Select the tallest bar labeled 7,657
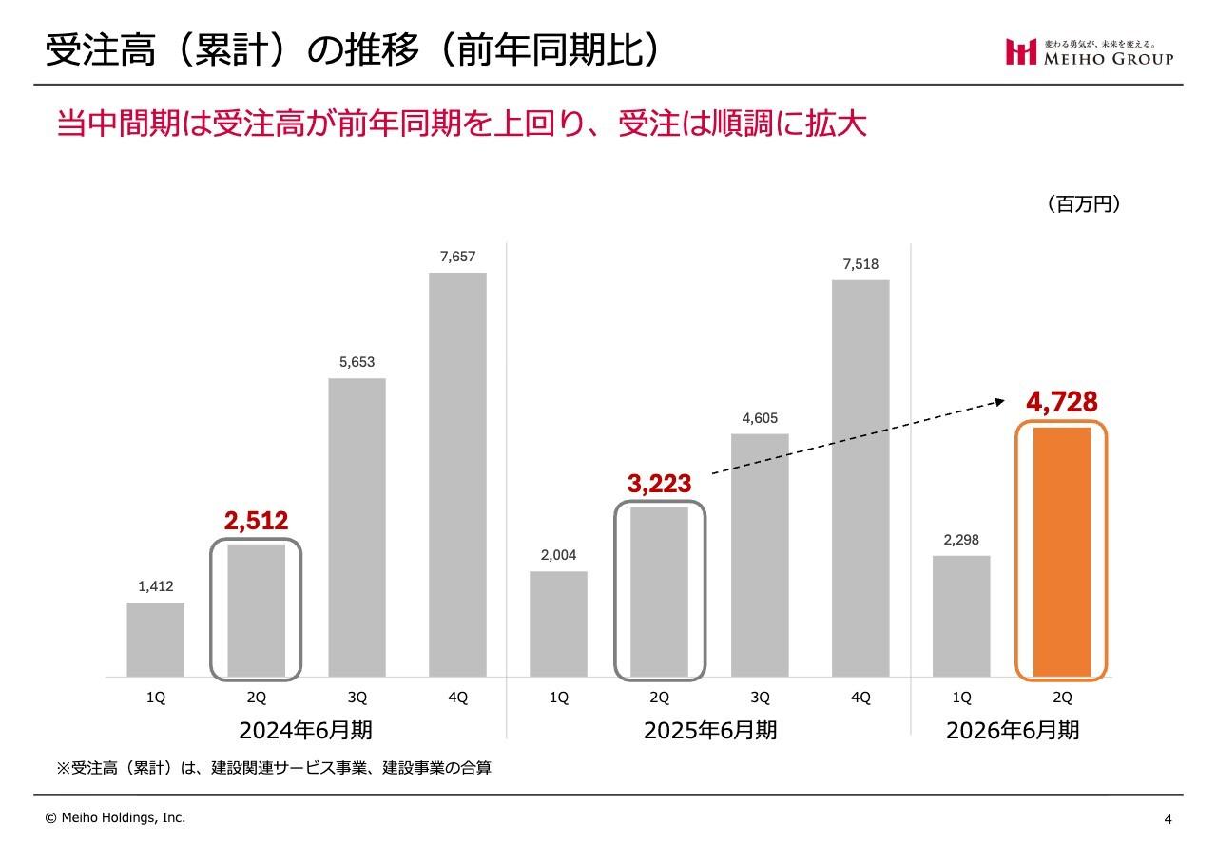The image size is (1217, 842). coord(457,474)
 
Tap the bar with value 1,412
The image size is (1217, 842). coord(156,639)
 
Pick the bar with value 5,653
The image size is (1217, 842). coord(357,527)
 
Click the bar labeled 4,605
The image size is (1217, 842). coord(760,555)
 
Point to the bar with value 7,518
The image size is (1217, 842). coord(860,478)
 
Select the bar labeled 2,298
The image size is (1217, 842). coord(961,616)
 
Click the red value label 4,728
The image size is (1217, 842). coord(1061,402)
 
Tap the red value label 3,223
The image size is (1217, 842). coord(659,484)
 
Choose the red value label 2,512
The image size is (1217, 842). coord(256,521)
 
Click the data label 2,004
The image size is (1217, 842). coord(558,555)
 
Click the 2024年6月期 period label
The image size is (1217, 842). coord(305,731)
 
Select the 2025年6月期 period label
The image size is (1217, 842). coord(710,731)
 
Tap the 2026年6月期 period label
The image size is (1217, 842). coord(1012,731)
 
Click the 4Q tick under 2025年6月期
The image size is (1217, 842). coord(860,698)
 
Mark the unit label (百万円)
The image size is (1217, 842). coord(1083,204)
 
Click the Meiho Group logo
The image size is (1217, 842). coord(1090,52)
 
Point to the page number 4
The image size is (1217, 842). coord(1168,819)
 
